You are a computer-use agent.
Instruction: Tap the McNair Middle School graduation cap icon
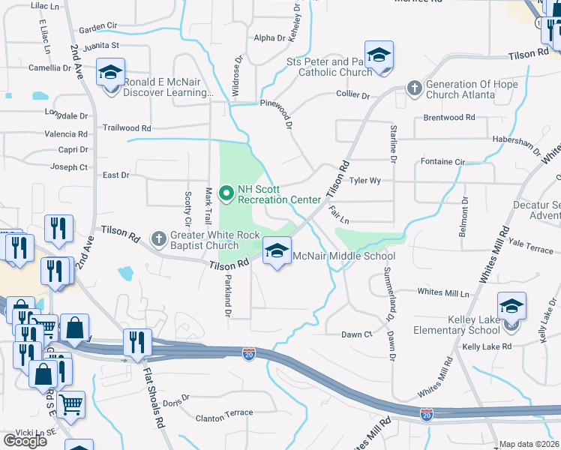pos(277,252)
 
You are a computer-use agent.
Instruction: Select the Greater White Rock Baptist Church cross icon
pos(157,239)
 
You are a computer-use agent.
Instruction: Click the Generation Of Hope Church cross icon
pos(413,88)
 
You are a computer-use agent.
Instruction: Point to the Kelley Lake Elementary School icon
pos(511,307)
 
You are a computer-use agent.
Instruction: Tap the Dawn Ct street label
pos(357,334)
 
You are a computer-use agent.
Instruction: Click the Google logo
pos(25,441)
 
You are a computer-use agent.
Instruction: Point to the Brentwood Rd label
pos(449,118)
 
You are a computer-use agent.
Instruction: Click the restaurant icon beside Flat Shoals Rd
pos(136,342)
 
